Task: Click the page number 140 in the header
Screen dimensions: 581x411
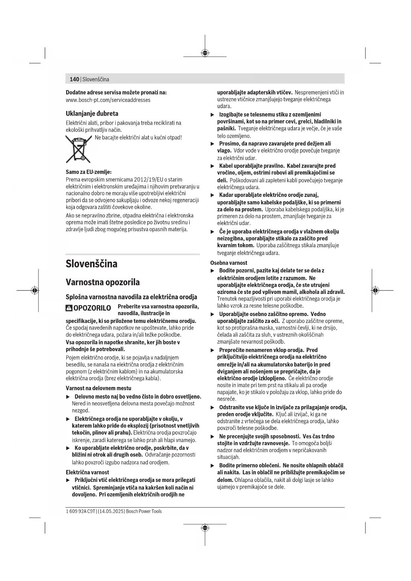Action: pos(74,79)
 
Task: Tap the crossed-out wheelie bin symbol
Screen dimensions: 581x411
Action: pos(78,149)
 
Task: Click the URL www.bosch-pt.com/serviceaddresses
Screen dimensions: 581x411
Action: pos(108,100)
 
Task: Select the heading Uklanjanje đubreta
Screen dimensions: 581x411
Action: pos(92,114)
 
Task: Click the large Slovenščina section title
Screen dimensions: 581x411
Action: pos(91,264)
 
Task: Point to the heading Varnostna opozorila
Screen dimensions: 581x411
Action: pos(103,282)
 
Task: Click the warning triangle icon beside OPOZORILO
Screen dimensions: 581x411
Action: pos(69,308)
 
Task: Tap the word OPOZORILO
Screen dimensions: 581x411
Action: pos(92,308)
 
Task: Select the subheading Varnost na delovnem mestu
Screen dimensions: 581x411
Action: pos(98,388)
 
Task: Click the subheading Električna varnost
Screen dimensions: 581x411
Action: pos(87,472)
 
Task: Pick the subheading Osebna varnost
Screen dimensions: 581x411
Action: pos(229,263)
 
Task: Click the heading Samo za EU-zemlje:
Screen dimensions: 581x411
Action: pos(88,172)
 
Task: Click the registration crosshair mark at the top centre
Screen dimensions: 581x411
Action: pos(205,53)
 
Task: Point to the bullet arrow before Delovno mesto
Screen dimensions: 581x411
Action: pos(68,397)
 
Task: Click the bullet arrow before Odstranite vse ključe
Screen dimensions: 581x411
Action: pos(213,408)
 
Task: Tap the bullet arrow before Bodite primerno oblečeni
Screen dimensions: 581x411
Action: pos(213,466)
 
